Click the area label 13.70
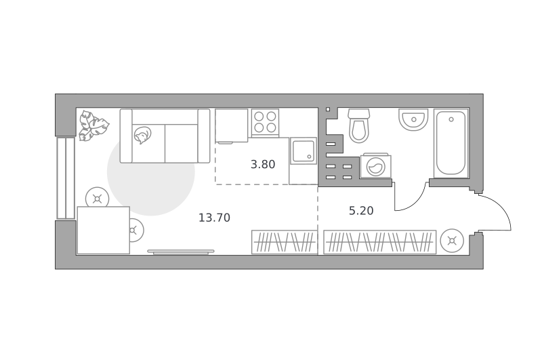click(214, 218)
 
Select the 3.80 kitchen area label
click(263, 164)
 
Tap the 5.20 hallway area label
click(361, 211)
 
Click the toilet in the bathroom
click(359, 125)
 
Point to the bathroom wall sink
click(413, 119)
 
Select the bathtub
click(451, 143)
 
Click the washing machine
click(376, 166)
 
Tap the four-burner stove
click(265, 122)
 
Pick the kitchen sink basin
click(303, 151)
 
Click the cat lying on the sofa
click(142, 135)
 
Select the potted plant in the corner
click(92, 125)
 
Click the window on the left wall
click(66, 178)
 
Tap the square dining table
click(104, 230)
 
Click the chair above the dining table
click(98, 198)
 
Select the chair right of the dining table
click(136, 230)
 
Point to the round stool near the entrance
click(452, 241)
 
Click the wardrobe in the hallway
click(380, 242)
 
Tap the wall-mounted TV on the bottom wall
click(181, 252)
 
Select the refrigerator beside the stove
click(232, 125)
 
